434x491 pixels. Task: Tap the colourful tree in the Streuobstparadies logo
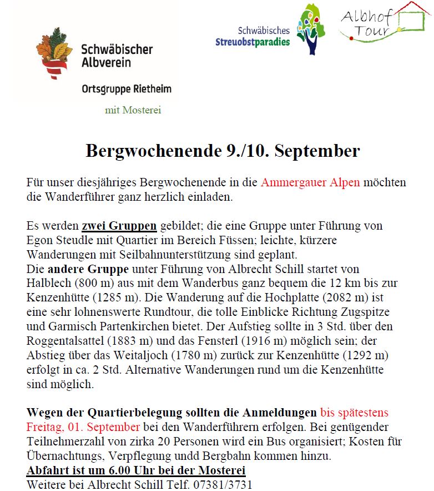click(x=310, y=29)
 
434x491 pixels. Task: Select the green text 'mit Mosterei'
click(x=133, y=110)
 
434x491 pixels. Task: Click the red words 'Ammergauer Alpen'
click(x=310, y=182)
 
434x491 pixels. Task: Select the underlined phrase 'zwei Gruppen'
click(x=119, y=226)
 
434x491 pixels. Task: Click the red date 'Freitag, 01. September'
click(x=83, y=427)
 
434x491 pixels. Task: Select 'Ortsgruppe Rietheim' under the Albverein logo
click(x=127, y=88)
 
